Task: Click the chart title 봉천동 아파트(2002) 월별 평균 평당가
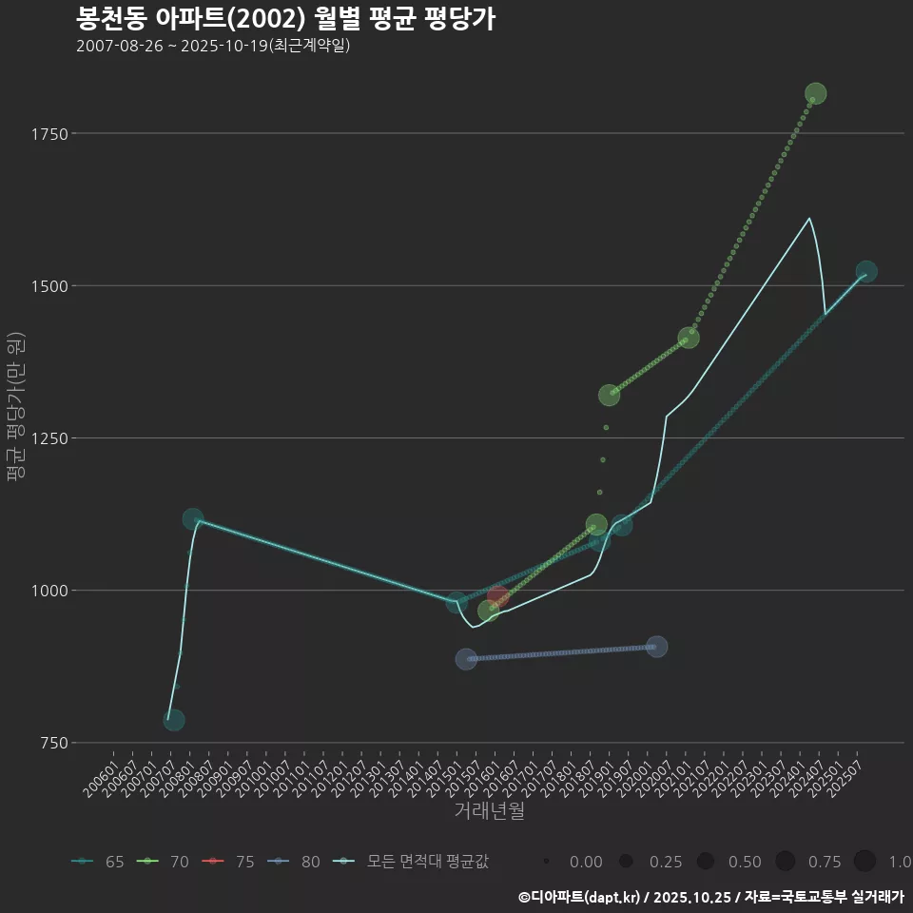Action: tap(285, 19)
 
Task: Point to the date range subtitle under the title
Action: tap(213, 46)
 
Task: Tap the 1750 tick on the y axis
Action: tap(48, 134)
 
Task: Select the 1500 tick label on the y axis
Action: tap(48, 286)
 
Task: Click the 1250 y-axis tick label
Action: tap(48, 438)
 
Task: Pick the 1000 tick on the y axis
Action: tap(48, 591)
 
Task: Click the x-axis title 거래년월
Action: tap(489, 810)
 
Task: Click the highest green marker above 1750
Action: tap(815, 93)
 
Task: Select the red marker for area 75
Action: tap(497, 597)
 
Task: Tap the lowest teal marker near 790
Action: tap(174, 720)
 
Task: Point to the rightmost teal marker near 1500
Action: tap(866, 272)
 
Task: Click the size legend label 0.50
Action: tap(745, 862)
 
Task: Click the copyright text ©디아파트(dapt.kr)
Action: tap(580, 897)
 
